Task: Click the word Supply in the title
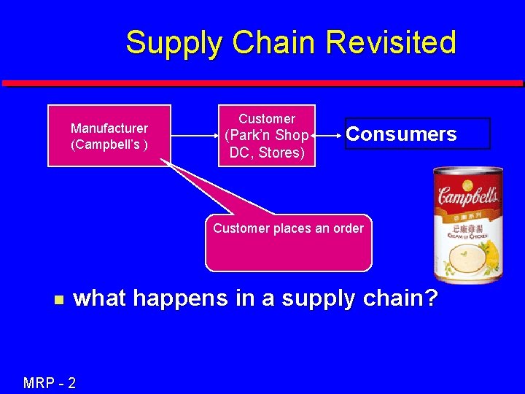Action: click(170, 43)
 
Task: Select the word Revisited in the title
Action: click(392, 42)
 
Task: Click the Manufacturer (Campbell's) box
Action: click(109, 136)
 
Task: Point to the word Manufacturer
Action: click(109, 128)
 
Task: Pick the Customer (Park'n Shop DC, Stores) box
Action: click(267, 135)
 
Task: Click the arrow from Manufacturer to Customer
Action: click(195, 135)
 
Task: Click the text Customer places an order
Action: click(288, 228)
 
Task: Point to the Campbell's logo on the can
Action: click(467, 196)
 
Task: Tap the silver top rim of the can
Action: click(467, 171)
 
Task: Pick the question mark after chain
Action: click(429, 298)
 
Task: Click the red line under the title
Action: click(262, 83)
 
